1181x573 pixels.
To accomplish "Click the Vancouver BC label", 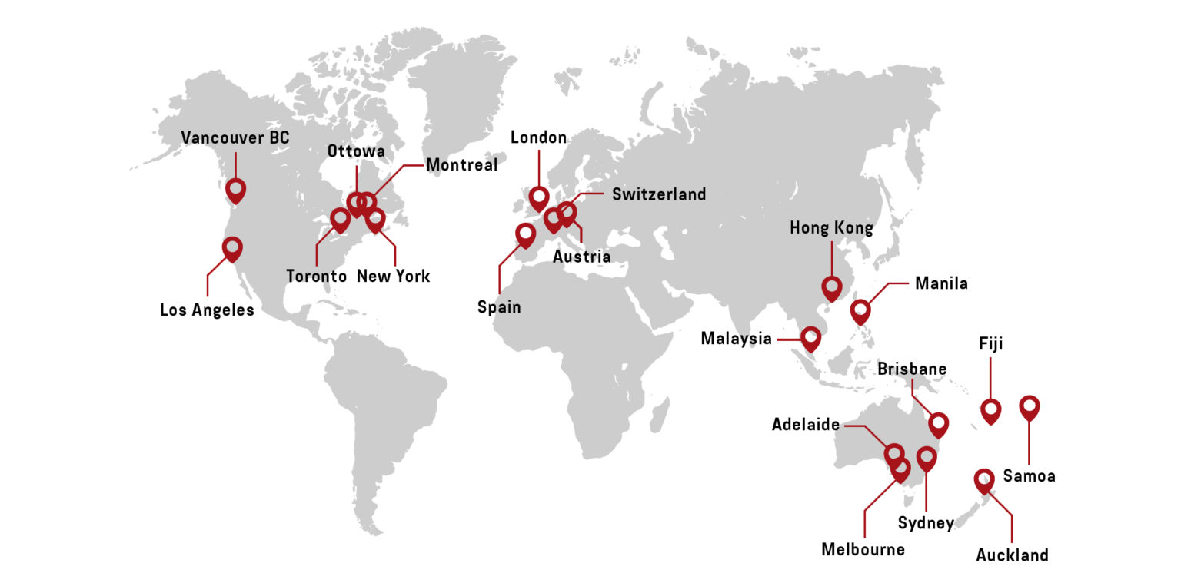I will [x=235, y=138].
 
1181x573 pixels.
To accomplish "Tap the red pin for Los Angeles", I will [x=232, y=248].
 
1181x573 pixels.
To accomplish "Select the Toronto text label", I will [x=316, y=276].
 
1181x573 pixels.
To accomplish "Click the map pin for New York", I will [x=375, y=219].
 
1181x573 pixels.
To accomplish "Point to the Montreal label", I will [x=461, y=165].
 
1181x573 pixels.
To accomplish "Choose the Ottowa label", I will [x=356, y=151].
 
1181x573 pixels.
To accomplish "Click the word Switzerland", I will [x=658, y=194].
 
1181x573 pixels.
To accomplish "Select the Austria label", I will [x=581, y=257].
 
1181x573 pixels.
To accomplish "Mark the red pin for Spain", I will [x=526, y=234].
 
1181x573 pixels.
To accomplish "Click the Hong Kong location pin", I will [x=831, y=287].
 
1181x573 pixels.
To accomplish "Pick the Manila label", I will [x=941, y=283].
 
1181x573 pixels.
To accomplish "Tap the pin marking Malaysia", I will [x=811, y=337].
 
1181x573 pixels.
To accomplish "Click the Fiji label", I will [x=990, y=343].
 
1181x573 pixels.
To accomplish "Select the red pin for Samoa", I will [x=1030, y=406].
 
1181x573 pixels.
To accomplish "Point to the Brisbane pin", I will [x=938, y=423].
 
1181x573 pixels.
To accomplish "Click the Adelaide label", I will [x=805, y=425].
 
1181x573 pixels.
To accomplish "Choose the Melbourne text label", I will [x=863, y=549].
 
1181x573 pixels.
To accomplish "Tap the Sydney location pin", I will [x=927, y=458].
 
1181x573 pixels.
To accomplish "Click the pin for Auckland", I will [x=984, y=480].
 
